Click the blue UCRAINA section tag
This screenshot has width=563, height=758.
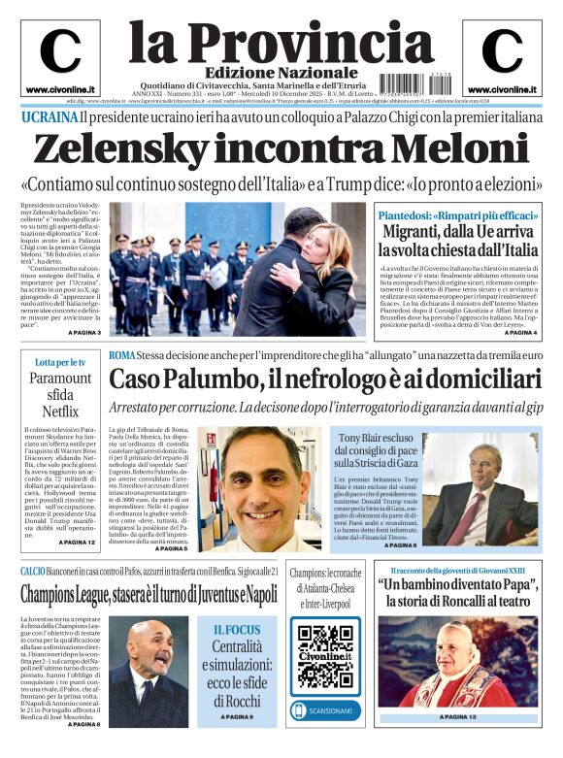click(x=50, y=117)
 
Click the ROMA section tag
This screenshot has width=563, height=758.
click(x=122, y=355)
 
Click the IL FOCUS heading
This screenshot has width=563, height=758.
click(x=237, y=629)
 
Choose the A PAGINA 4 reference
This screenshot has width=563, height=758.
click(x=520, y=332)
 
